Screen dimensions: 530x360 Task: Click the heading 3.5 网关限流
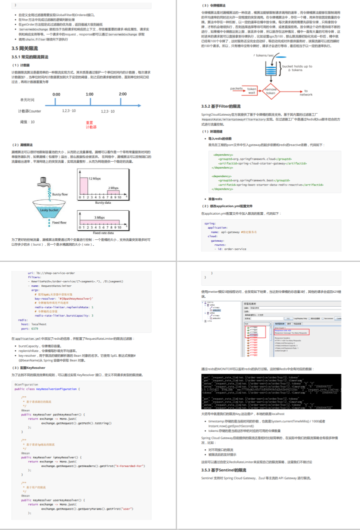(28, 48)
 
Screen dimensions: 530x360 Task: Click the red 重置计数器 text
(91, 125)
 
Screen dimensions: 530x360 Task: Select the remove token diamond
(270, 91)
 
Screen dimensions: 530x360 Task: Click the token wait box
(251, 90)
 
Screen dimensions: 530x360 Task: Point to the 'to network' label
(305, 93)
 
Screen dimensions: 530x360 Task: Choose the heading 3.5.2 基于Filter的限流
(220, 106)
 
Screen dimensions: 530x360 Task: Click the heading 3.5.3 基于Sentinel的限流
(223, 470)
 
